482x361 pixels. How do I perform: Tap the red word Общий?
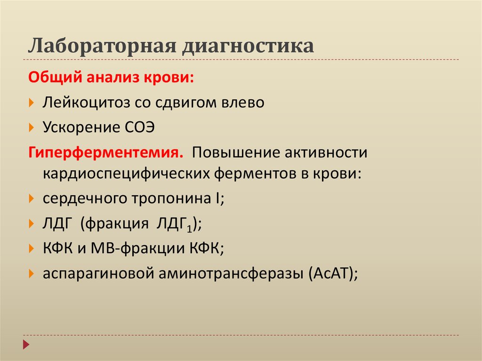pos(55,77)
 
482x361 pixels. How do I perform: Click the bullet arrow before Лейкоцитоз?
pos(32,102)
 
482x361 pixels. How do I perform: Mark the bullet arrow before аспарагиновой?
pos(32,273)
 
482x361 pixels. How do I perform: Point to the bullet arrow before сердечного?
pos(32,199)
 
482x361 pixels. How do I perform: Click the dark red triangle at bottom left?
pos(26,344)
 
